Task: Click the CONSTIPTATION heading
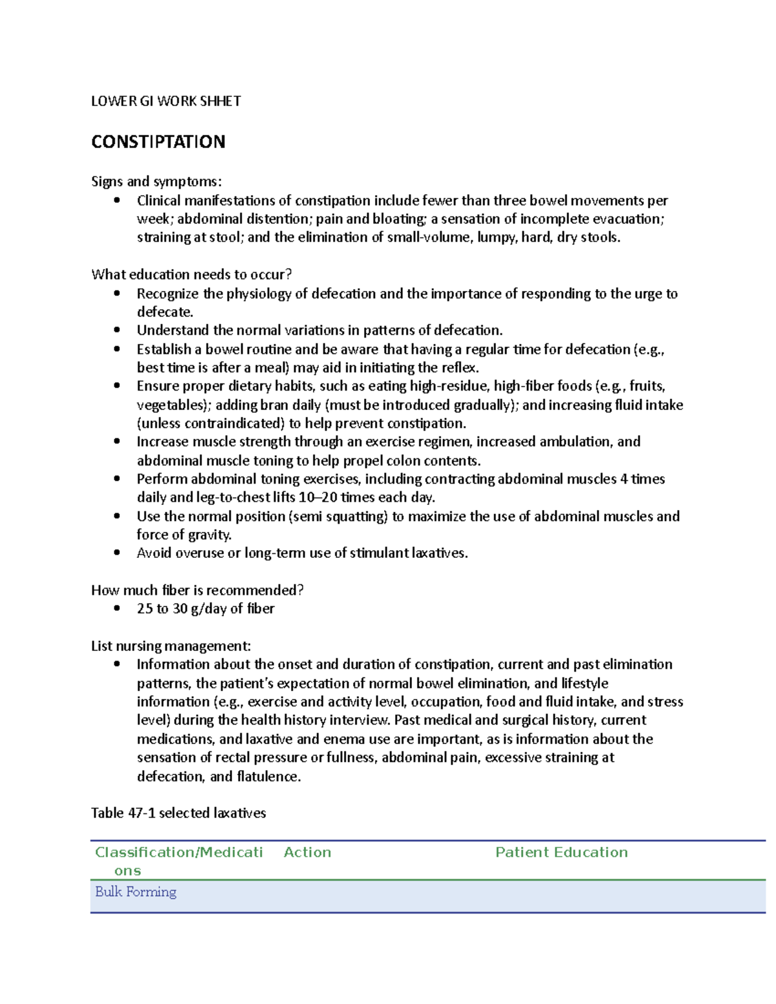pyautogui.click(x=158, y=142)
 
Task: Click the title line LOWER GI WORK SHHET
pyautogui.click(x=166, y=101)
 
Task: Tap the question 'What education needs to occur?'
pyautogui.click(x=191, y=274)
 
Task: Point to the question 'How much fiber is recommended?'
pyautogui.click(x=197, y=590)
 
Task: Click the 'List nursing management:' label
pyautogui.click(x=171, y=646)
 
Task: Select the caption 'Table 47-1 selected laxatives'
pyautogui.click(x=178, y=813)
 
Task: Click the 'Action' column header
pyautogui.click(x=307, y=852)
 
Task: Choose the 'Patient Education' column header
pyautogui.click(x=561, y=852)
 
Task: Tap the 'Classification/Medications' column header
pyautogui.click(x=178, y=860)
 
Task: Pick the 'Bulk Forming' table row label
pyautogui.click(x=136, y=892)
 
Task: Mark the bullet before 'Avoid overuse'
pyautogui.click(x=117, y=553)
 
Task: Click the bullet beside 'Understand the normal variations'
pyautogui.click(x=117, y=330)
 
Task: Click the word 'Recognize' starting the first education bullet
pyautogui.click(x=167, y=294)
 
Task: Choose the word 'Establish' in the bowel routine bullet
pyautogui.click(x=164, y=349)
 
